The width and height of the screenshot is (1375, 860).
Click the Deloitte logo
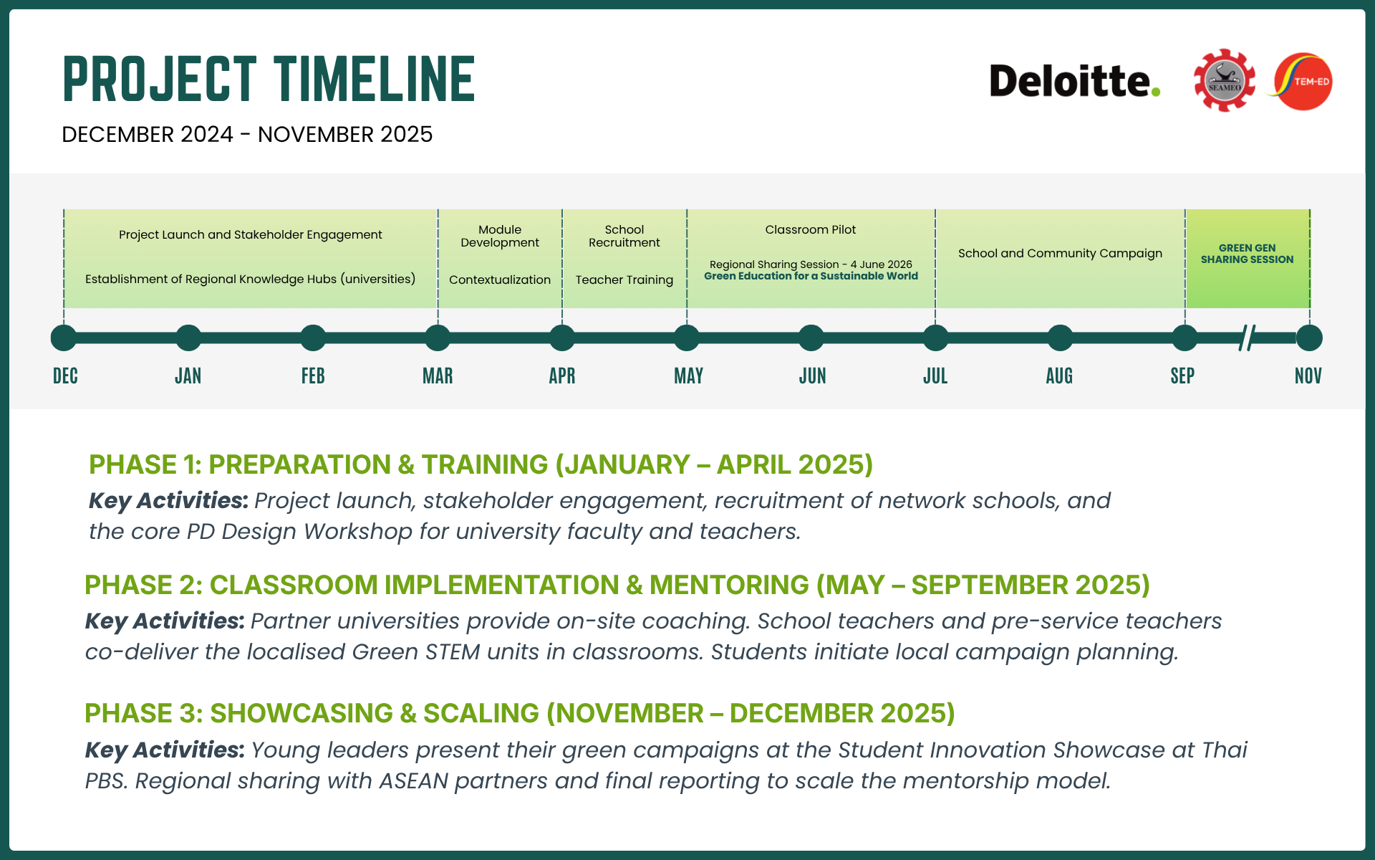coord(1074,80)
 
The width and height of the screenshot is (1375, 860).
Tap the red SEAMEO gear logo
coord(1225,80)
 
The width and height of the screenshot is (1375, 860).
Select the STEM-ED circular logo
coord(1301,81)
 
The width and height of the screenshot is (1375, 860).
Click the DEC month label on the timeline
coord(65,376)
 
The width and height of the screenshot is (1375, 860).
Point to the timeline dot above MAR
coord(438,338)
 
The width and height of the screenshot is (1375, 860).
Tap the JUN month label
coord(812,376)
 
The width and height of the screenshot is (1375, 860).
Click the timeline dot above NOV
coord(1309,338)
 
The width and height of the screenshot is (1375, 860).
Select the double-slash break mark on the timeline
coord(1248,338)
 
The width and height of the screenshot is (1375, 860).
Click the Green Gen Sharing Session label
coord(1248,254)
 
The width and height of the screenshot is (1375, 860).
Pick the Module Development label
coord(500,236)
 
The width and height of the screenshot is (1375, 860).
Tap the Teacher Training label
coord(624,279)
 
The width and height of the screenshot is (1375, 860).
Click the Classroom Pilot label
coord(811,229)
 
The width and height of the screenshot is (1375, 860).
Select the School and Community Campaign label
coord(1060,253)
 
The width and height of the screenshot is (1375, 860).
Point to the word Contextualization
coord(500,279)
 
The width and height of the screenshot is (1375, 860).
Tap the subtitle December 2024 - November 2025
coord(247,134)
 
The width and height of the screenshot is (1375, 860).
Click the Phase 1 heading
coord(481,464)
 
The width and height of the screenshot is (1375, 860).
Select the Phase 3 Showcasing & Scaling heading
coord(520,713)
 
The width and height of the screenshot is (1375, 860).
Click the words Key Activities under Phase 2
coord(165,621)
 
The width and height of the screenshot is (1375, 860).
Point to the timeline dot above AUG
coord(1060,338)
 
